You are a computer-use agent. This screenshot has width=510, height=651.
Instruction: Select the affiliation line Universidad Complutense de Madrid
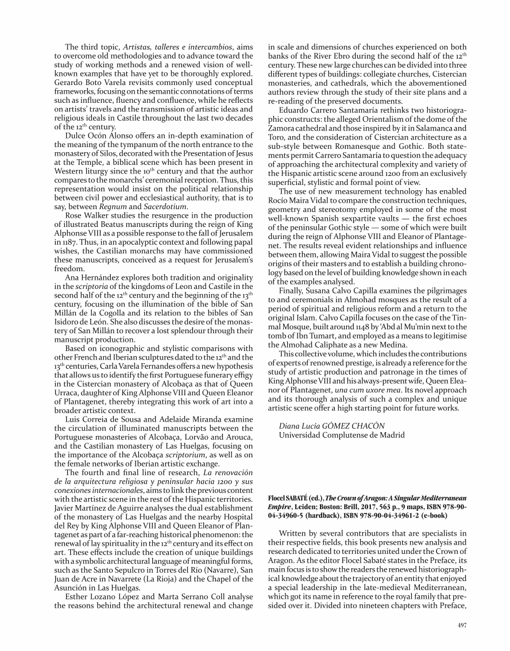click(x=341, y=435)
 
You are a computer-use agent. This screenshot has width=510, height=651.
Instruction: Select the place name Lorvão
click(x=182, y=438)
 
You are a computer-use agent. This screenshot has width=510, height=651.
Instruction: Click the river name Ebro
click(x=358, y=56)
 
